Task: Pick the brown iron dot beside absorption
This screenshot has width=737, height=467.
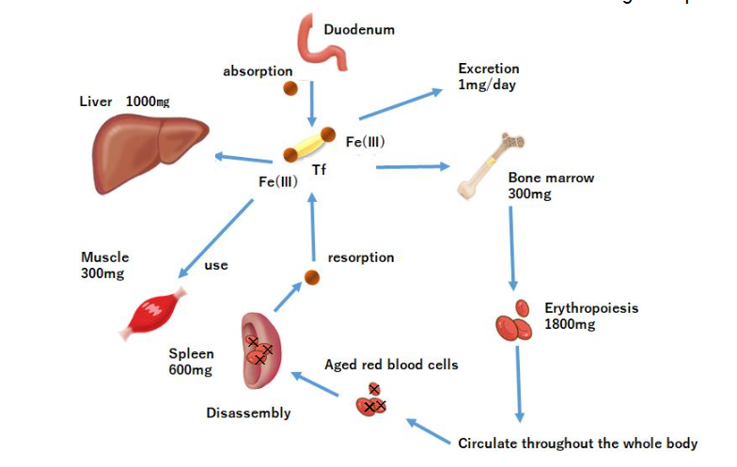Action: (292, 89)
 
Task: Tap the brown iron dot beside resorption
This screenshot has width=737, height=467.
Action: (311, 278)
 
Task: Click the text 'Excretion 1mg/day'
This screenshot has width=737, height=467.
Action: (488, 76)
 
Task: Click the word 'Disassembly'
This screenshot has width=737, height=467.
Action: (248, 413)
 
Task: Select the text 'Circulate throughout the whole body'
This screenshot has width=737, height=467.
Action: (577, 444)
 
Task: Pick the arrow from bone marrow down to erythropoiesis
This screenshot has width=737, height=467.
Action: (511, 244)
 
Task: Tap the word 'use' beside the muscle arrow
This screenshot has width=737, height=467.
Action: (216, 266)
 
